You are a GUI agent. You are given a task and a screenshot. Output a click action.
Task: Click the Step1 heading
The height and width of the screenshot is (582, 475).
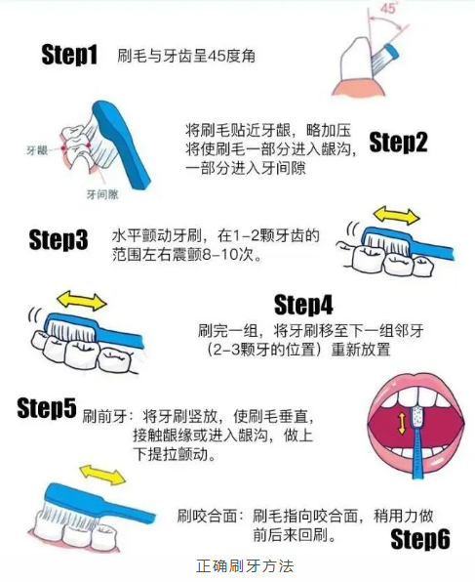point(69,55)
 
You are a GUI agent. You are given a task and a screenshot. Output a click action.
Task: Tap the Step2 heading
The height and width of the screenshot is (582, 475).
point(398,143)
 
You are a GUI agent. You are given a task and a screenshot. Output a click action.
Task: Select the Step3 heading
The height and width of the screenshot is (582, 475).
point(59,239)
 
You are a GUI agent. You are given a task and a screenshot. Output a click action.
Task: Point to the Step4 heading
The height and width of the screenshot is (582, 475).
point(303,305)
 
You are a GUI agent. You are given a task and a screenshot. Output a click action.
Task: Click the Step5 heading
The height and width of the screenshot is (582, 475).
point(47,408)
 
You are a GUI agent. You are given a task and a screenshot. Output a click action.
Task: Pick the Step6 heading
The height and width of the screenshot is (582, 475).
point(420,539)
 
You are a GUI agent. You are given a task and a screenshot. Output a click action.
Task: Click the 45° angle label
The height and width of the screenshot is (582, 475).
point(388,8)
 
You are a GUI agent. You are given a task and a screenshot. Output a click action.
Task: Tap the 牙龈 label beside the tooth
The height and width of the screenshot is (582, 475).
point(37,150)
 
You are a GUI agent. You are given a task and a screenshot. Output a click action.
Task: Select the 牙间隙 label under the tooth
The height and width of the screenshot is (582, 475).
point(102,194)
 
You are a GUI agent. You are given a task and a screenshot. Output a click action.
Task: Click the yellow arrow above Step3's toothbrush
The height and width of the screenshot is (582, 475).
point(396,216)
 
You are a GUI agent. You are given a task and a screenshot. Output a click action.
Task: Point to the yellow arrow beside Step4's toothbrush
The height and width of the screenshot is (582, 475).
point(82,301)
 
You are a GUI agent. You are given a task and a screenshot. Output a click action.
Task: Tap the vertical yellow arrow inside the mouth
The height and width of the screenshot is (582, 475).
point(402,424)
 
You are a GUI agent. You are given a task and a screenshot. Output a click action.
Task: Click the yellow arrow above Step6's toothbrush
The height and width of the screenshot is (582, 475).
point(102,474)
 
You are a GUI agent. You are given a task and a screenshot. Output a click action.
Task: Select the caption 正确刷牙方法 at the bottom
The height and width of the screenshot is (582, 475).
point(245,566)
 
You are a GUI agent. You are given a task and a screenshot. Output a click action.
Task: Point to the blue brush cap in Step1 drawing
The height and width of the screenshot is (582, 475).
point(392,52)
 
